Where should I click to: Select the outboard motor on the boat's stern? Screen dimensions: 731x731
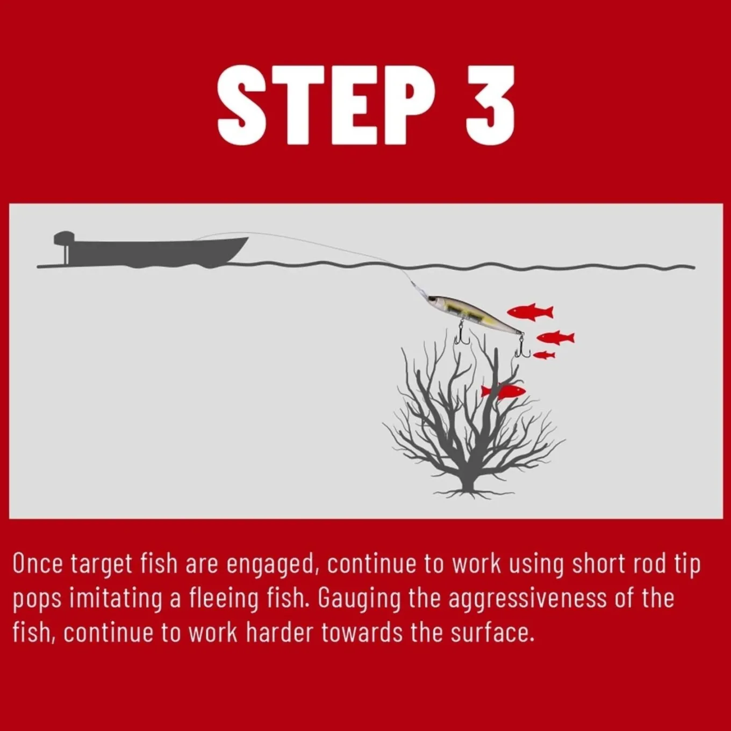(x=64, y=247)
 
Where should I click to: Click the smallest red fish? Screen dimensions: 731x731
(x=544, y=355)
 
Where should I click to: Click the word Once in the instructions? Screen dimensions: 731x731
(x=38, y=564)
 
